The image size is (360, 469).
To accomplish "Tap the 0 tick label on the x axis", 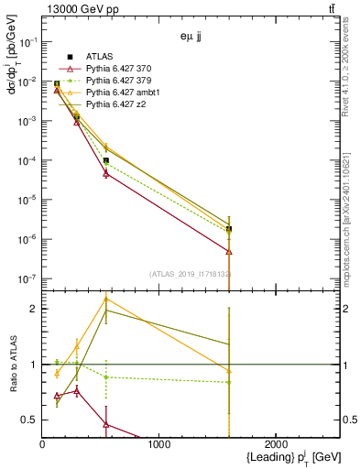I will [x=42, y=444].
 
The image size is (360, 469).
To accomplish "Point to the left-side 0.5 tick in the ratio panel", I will [x=30, y=420].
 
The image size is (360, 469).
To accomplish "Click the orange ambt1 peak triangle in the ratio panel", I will [x=106, y=299].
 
